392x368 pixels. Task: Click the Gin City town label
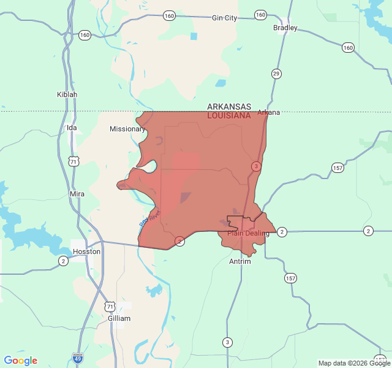pyautogui.click(x=224, y=18)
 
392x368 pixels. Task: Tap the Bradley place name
pyautogui.click(x=285, y=28)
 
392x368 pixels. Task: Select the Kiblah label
pyautogui.click(x=67, y=94)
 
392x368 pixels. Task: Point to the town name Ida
pyautogui.click(x=72, y=128)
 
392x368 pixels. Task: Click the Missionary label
pyautogui.click(x=127, y=129)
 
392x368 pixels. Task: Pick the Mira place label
pyautogui.click(x=77, y=194)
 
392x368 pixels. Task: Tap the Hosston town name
pyautogui.click(x=86, y=251)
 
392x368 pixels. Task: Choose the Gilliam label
pyautogui.click(x=119, y=318)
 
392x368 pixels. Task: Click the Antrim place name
pyautogui.click(x=239, y=261)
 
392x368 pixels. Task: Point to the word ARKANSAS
pyautogui.click(x=228, y=106)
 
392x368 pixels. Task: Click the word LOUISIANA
pyautogui.click(x=228, y=115)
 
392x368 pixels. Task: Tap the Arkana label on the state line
pyautogui.click(x=268, y=112)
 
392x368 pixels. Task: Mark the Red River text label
pyautogui.click(x=149, y=218)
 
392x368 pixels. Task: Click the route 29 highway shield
pyautogui.click(x=277, y=74)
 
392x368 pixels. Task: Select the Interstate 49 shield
pyautogui.click(x=78, y=358)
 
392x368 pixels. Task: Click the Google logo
pyautogui.click(x=20, y=361)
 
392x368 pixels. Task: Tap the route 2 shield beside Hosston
pyautogui.click(x=63, y=261)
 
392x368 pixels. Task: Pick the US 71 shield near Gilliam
pyautogui.click(x=110, y=305)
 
